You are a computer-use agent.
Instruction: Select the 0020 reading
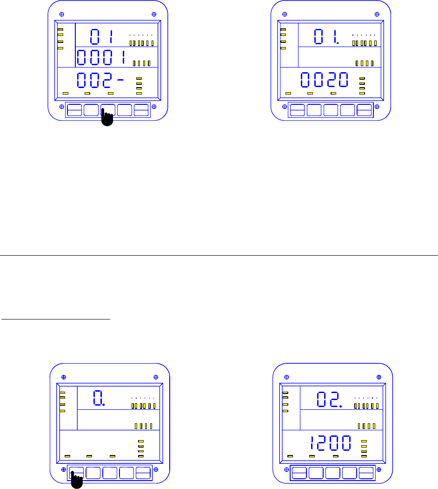[x=324, y=81]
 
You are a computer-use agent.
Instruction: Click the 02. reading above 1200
[x=329, y=400]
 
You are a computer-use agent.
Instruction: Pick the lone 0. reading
[x=99, y=399]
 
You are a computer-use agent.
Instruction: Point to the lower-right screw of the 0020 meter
[x=377, y=107]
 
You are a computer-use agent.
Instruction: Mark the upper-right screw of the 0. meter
[x=155, y=376]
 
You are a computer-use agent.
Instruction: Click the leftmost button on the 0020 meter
[x=297, y=110]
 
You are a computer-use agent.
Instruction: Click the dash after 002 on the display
[x=121, y=80]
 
